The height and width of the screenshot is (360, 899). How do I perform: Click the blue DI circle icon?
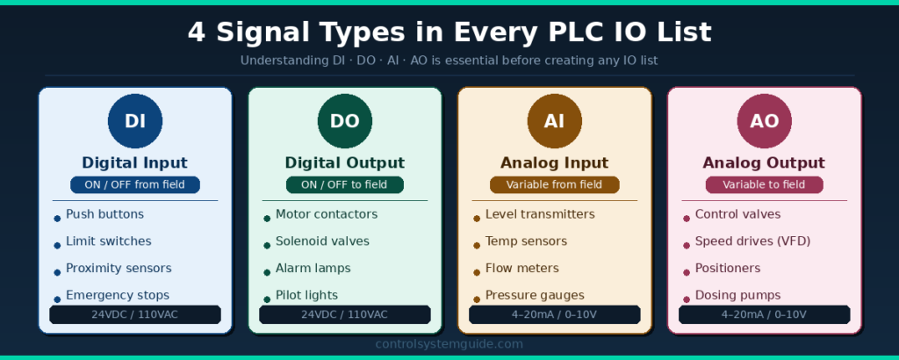(135, 121)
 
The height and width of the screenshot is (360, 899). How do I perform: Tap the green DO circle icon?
(345, 121)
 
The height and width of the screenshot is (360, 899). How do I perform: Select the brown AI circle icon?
(554, 121)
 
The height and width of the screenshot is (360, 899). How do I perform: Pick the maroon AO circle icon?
(764, 121)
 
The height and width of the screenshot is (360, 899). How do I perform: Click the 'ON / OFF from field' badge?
(135, 184)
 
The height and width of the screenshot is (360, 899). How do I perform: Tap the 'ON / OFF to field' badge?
(345, 184)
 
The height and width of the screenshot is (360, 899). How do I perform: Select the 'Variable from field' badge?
(554, 184)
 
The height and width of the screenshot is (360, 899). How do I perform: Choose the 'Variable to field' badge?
(764, 184)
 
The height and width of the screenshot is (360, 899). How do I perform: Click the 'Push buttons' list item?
(104, 214)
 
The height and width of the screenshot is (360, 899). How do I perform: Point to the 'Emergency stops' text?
(117, 295)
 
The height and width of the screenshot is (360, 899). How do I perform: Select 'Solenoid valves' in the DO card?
(322, 241)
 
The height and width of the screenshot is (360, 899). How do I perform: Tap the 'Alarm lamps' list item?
(313, 268)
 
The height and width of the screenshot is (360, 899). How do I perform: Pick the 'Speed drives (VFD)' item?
(752, 241)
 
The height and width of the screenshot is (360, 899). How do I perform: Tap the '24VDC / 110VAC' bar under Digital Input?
(135, 314)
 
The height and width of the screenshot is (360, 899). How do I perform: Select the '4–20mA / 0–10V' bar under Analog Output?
(764, 314)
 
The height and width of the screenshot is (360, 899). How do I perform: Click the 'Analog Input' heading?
(554, 162)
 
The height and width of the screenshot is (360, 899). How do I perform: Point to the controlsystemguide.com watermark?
(449, 344)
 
